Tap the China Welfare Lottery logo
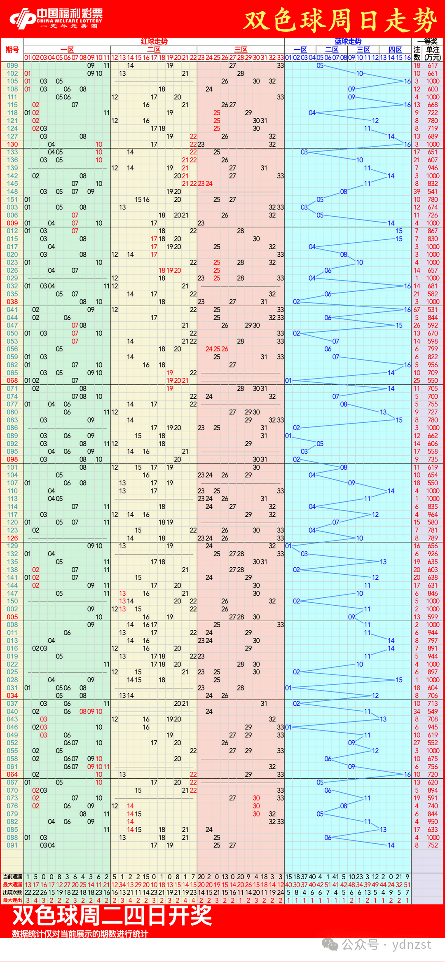coord(56,19)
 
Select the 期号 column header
coord(12,50)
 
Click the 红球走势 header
coord(154,41)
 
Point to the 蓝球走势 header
coord(348,41)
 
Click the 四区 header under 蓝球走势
coord(395,49)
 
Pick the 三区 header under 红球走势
coord(241,49)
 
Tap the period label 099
coord(12,66)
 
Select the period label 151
coord(12,199)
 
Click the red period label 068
coord(12,381)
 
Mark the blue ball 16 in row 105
coord(407,81)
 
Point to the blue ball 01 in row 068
coord(288,381)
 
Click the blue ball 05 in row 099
coord(320,66)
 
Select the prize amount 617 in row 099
coord(433,66)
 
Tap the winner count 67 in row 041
coord(417,310)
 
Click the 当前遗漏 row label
coord(12,877)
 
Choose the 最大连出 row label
coord(12,900)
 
